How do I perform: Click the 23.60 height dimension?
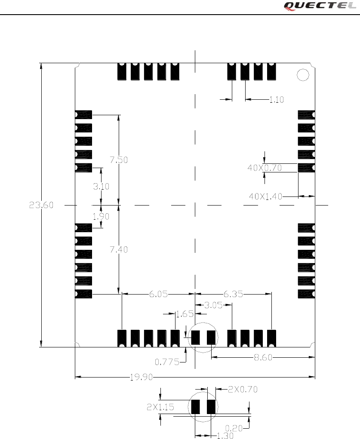point(41,206)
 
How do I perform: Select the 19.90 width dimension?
point(140,378)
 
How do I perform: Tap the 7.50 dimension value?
point(119,160)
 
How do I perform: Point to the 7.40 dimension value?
point(119,249)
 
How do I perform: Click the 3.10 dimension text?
point(101,187)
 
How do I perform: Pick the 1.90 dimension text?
point(101,217)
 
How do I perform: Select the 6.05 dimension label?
point(158,295)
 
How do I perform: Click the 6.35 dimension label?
point(233,295)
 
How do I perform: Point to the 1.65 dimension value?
point(185,314)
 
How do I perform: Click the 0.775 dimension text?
point(167,362)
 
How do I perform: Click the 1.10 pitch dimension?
point(277,100)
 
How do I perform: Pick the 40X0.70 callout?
point(265,168)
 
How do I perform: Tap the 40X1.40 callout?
point(266,196)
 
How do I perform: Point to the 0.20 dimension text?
point(234,428)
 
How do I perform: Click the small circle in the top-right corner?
point(303,75)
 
